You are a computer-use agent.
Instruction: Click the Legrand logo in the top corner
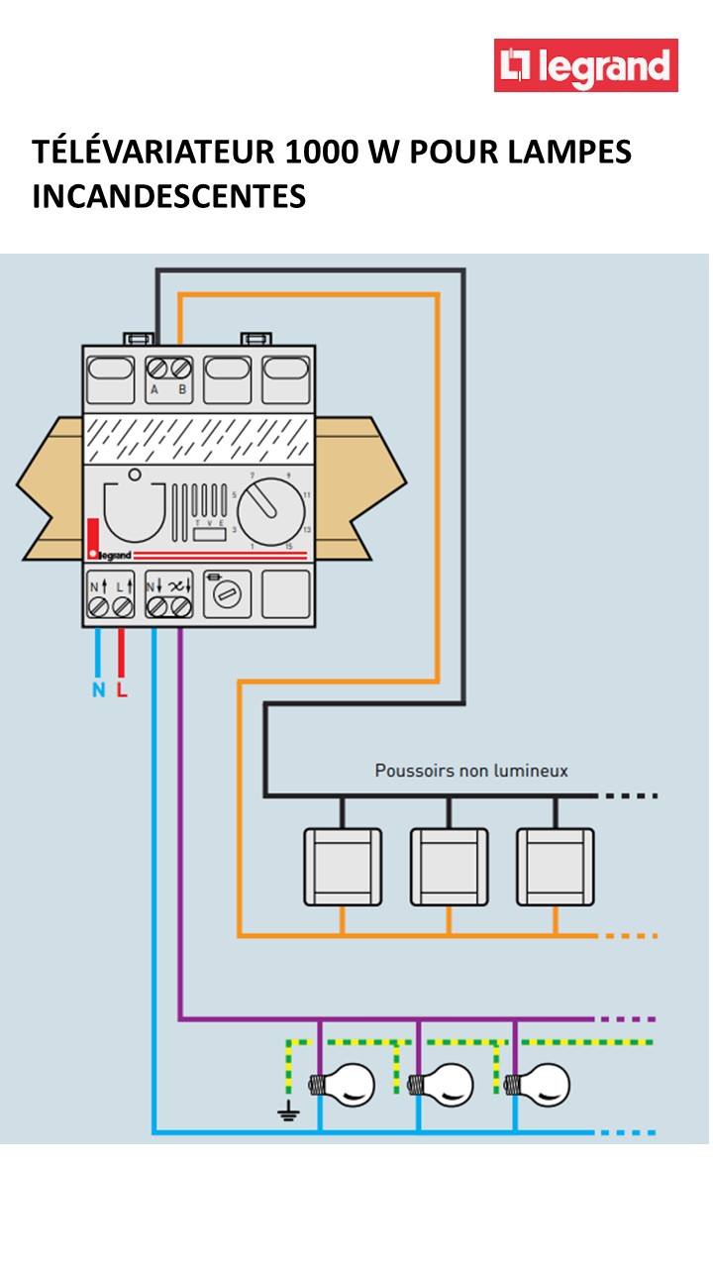[x=586, y=65]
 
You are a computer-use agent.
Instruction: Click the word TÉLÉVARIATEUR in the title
[x=154, y=153]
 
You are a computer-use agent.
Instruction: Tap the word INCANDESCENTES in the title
[x=168, y=196]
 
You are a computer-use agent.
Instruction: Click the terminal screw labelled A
[x=155, y=368]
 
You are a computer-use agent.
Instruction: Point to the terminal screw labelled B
[x=181, y=368]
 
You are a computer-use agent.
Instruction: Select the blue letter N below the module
[x=98, y=690]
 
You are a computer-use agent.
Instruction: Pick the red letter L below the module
[x=122, y=690]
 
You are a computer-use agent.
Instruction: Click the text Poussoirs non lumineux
[x=471, y=770]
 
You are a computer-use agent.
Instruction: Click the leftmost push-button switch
[x=342, y=866]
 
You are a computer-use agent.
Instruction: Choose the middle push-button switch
[x=449, y=866]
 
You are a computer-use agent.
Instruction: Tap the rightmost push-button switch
[x=555, y=866]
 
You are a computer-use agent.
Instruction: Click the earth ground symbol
[x=288, y=1114]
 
